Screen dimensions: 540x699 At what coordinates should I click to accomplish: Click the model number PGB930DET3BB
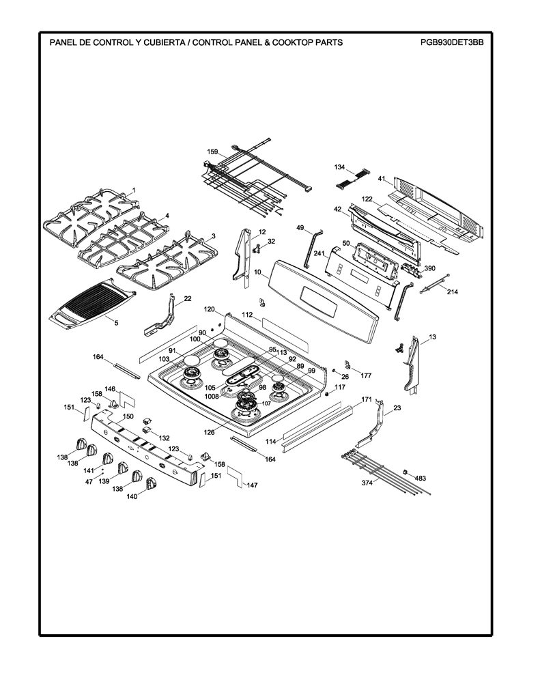pos(451,43)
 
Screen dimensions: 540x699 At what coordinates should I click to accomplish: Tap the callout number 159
pos(213,152)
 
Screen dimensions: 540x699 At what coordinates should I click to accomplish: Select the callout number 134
pos(340,167)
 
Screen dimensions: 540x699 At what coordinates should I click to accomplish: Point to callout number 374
pos(367,483)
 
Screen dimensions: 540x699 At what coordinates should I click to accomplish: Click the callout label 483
pos(421,479)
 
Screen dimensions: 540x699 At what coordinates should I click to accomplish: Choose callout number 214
pos(452,292)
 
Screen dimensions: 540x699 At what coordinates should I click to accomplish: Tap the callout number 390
pos(429,268)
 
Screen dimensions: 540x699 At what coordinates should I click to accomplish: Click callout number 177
pos(366,376)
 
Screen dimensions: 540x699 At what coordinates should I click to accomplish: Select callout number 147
pos(252,485)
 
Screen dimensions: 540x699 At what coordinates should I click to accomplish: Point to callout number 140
pos(132,497)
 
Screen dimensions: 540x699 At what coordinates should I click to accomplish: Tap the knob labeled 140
pos(151,483)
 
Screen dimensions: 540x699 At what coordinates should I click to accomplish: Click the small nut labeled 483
pos(406,472)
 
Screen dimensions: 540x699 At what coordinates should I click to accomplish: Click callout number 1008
pos(212,396)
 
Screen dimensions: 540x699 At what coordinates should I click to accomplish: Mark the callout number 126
pos(209,432)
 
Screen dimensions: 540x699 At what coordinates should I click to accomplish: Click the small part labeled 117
pos(327,394)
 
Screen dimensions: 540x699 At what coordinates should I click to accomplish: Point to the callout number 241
pos(319,255)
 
